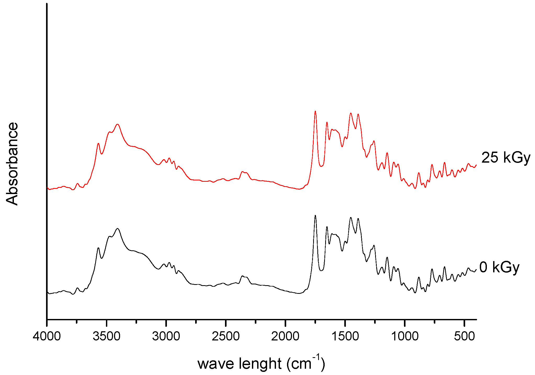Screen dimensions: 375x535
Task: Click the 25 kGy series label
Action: [x=506, y=158]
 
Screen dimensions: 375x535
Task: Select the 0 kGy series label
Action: [x=499, y=267]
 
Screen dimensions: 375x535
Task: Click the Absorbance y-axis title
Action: [x=12, y=164]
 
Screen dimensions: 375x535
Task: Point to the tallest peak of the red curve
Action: [x=315, y=112]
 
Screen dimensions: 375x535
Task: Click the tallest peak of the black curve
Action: [x=315, y=216]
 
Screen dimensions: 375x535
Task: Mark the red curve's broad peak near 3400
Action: [x=118, y=124]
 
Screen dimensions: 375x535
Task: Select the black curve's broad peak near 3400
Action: [x=118, y=229]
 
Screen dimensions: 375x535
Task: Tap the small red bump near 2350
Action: [x=243, y=172]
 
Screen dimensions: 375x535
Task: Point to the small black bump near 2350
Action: [x=243, y=276]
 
